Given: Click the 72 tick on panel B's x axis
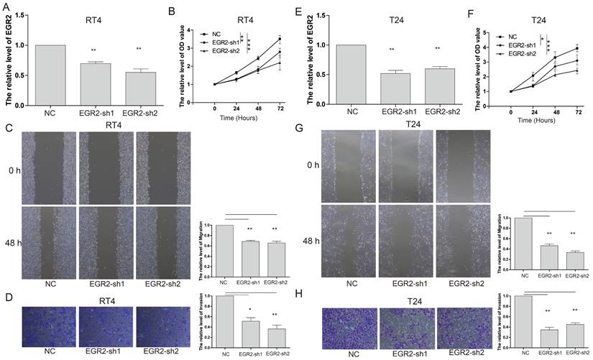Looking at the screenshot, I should click(279, 106).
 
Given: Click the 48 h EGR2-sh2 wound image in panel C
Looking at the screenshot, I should click(164, 239).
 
